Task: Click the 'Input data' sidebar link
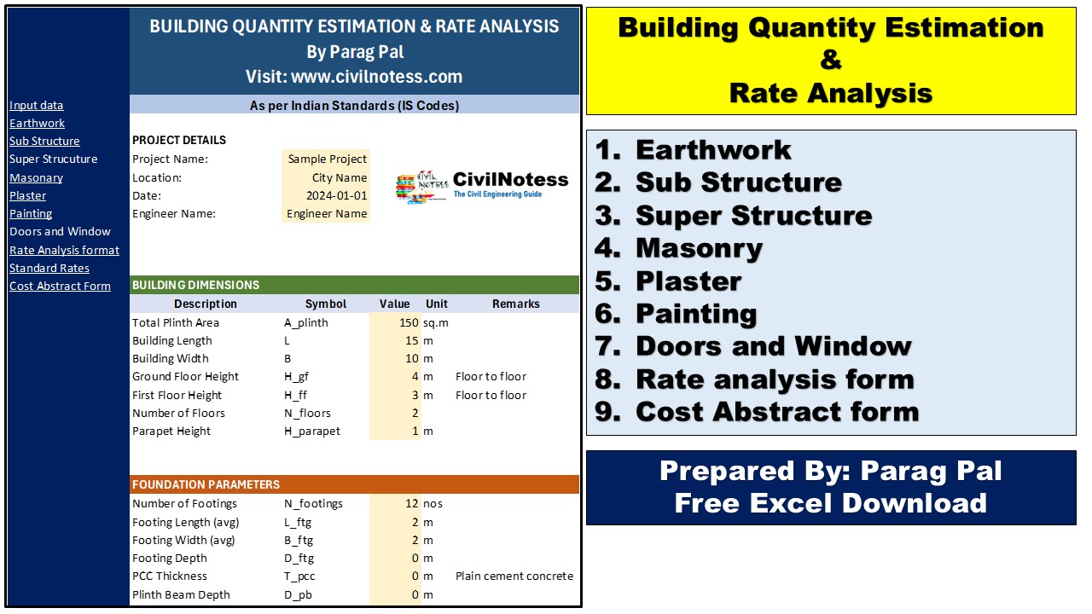click(36, 106)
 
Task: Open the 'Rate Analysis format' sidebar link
click(64, 251)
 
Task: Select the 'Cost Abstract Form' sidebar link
click(60, 287)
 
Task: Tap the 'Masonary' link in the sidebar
click(36, 178)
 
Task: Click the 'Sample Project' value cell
click(327, 159)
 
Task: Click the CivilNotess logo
click(481, 185)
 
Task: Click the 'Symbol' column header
click(326, 304)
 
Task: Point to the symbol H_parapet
click(311, 432)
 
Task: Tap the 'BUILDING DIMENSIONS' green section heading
click(195, 285)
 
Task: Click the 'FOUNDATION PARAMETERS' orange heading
click(206, 484)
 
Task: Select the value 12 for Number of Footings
click(411, 504)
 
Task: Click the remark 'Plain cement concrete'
click(514, 576)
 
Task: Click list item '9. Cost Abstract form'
click(757, 412)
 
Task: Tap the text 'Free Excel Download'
click(830, 503)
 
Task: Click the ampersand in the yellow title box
click(830, 61)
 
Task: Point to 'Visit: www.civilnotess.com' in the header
click(354, 77)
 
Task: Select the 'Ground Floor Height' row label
click(185, 377)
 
